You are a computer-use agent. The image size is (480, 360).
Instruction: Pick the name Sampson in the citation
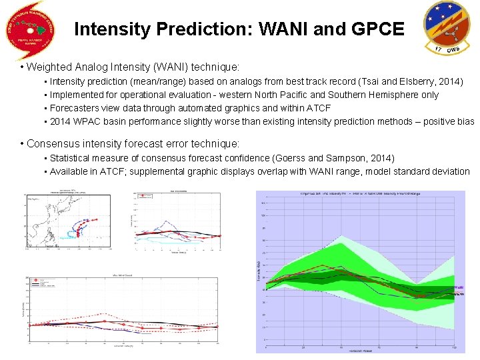[x=349, y=158]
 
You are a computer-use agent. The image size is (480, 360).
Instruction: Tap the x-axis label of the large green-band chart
[x=360, y=351]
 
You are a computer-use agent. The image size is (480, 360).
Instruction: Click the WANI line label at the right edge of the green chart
[x=459, y=289]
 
